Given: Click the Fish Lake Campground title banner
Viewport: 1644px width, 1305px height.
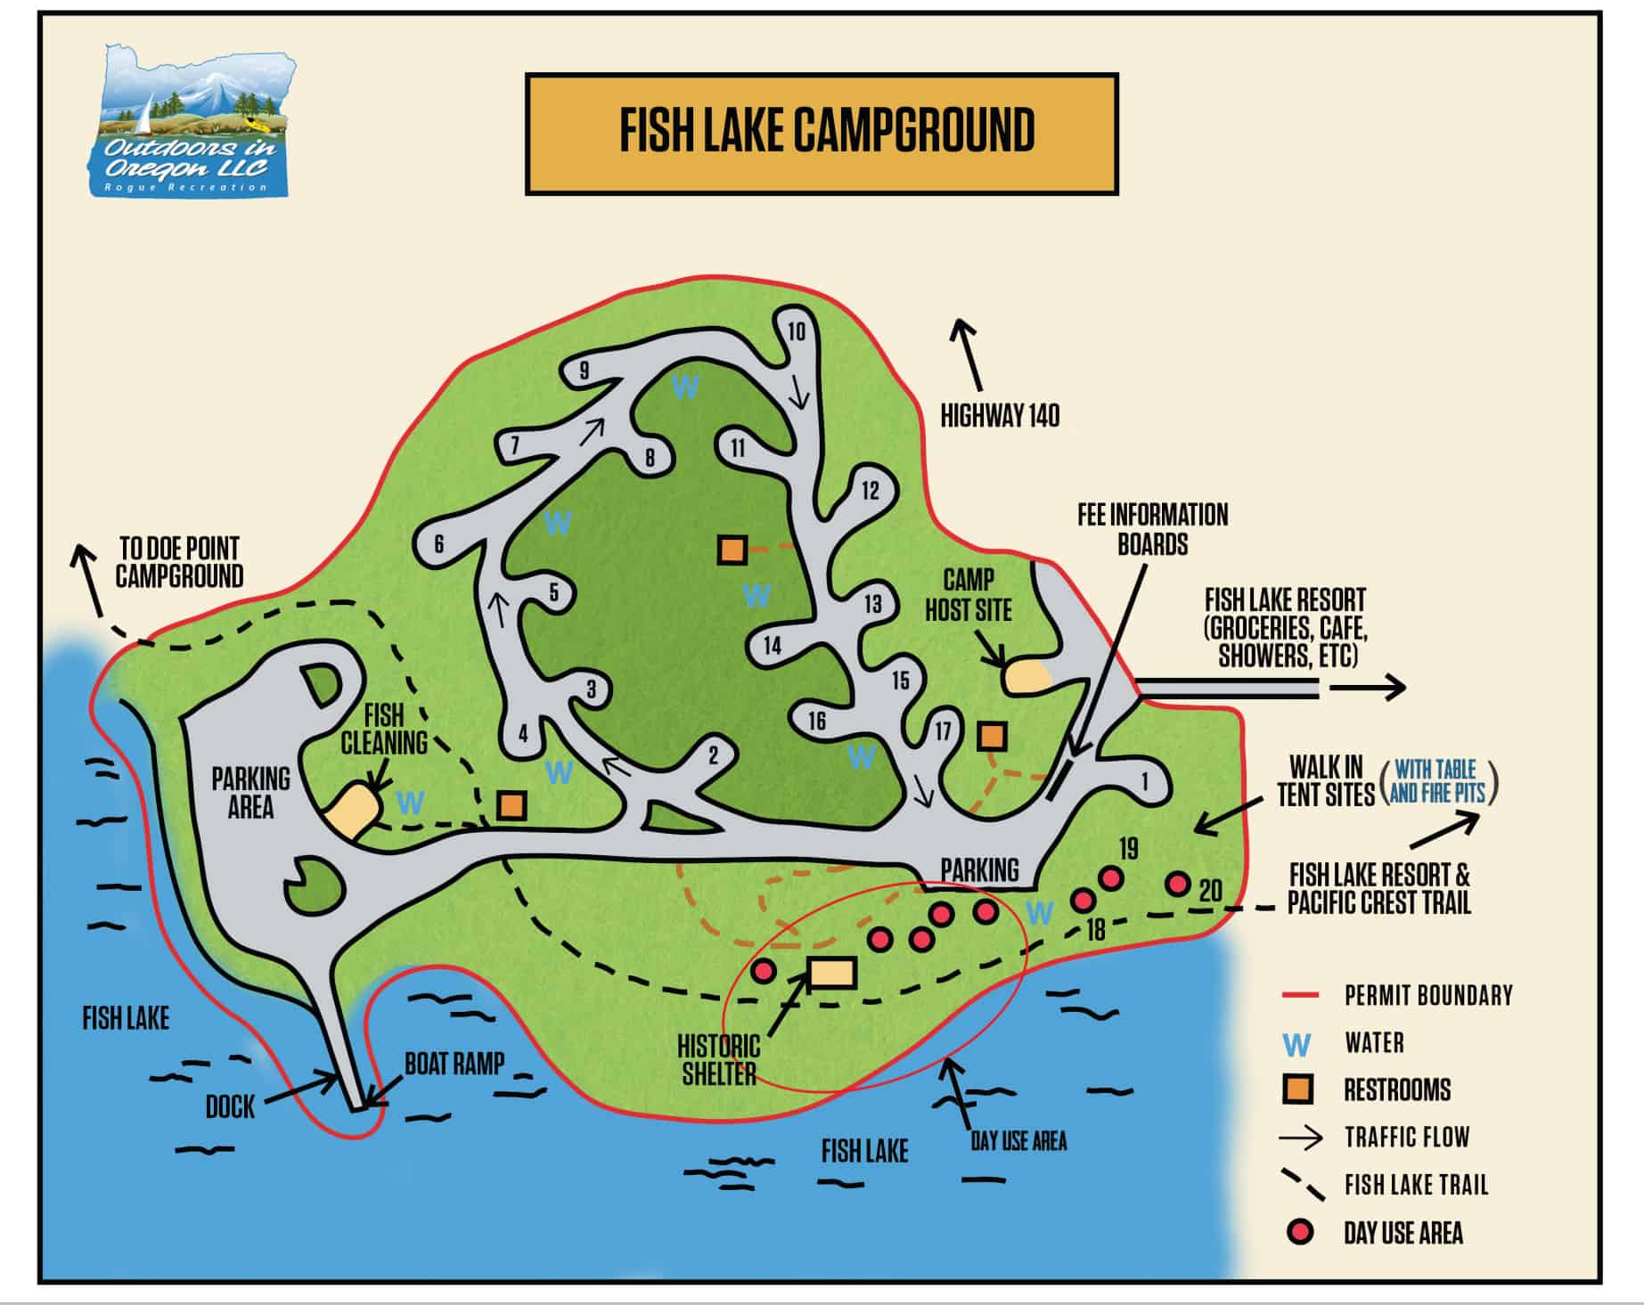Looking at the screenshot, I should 821,134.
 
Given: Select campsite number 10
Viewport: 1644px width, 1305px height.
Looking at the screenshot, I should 796,332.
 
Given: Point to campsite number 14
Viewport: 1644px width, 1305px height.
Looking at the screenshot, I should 772,646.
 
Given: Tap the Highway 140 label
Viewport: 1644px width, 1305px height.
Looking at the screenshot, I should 1000,416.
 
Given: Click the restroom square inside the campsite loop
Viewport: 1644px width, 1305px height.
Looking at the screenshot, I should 732,550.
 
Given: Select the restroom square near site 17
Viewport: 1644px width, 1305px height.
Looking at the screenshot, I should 992,736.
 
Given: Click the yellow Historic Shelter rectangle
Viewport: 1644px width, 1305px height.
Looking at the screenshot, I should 832,973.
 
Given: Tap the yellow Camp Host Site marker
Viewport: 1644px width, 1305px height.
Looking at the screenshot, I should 1026,676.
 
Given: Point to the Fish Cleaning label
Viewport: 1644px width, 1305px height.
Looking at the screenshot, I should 384,729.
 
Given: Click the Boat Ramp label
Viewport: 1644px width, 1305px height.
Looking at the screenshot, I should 454,1064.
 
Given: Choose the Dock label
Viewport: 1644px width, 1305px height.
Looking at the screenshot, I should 230,1107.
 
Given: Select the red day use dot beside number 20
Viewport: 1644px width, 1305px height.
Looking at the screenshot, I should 1178,884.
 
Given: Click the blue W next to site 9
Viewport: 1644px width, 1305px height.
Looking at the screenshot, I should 685,387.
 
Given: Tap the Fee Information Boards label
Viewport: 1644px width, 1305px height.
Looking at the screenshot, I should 1152,529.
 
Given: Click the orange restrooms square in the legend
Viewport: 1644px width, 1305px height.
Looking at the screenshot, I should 1297,1089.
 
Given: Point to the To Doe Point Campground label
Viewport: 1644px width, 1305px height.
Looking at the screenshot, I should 179,562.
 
